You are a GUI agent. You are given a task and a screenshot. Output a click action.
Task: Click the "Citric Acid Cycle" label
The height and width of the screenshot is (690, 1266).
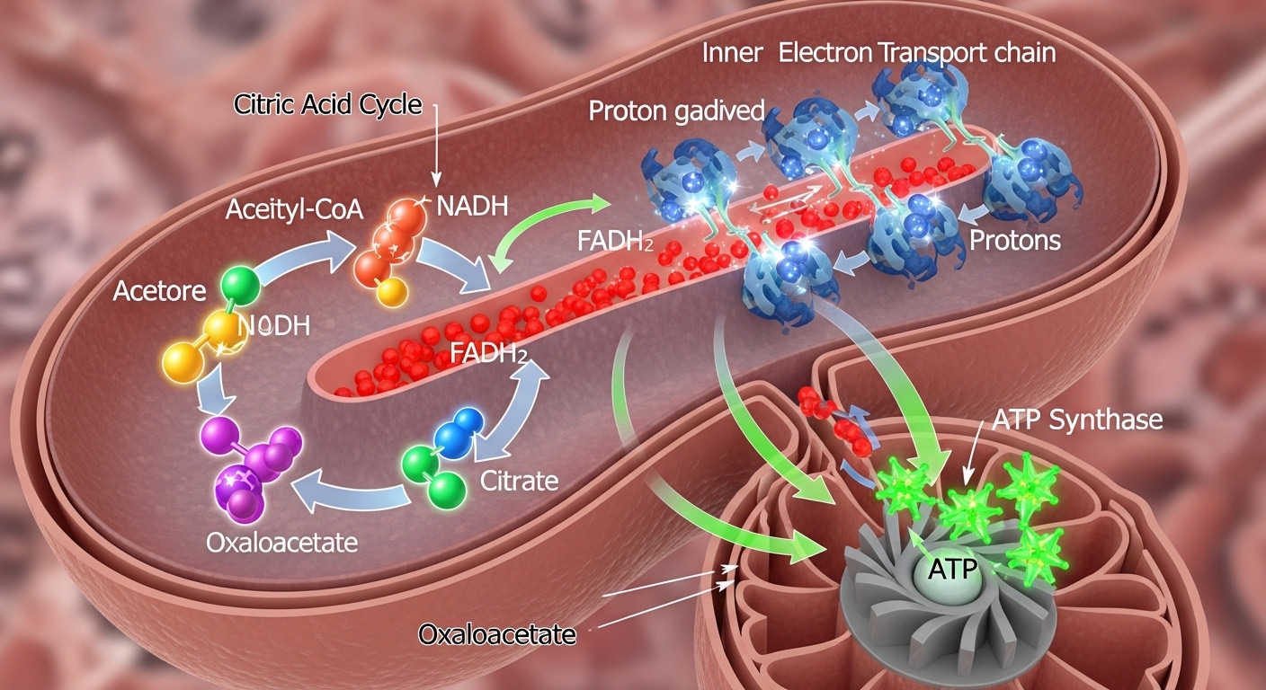coord(327,105)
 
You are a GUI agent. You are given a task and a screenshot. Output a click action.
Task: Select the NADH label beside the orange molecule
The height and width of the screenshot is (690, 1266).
coord(471,207)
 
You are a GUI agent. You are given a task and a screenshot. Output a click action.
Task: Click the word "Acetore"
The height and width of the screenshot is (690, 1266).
coord(159,291)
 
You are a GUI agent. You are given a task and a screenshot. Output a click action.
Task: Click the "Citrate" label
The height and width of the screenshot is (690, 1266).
coord(519,481)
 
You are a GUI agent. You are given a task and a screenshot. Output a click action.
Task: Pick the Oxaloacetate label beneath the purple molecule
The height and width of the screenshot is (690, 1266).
coord(281,544)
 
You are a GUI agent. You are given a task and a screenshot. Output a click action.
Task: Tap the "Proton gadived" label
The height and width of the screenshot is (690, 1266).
coord(676,111)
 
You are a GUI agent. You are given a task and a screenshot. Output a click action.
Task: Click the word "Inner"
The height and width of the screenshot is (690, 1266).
coord(733,53)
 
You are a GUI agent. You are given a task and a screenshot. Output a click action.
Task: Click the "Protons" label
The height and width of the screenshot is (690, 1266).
coord(1015,241)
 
